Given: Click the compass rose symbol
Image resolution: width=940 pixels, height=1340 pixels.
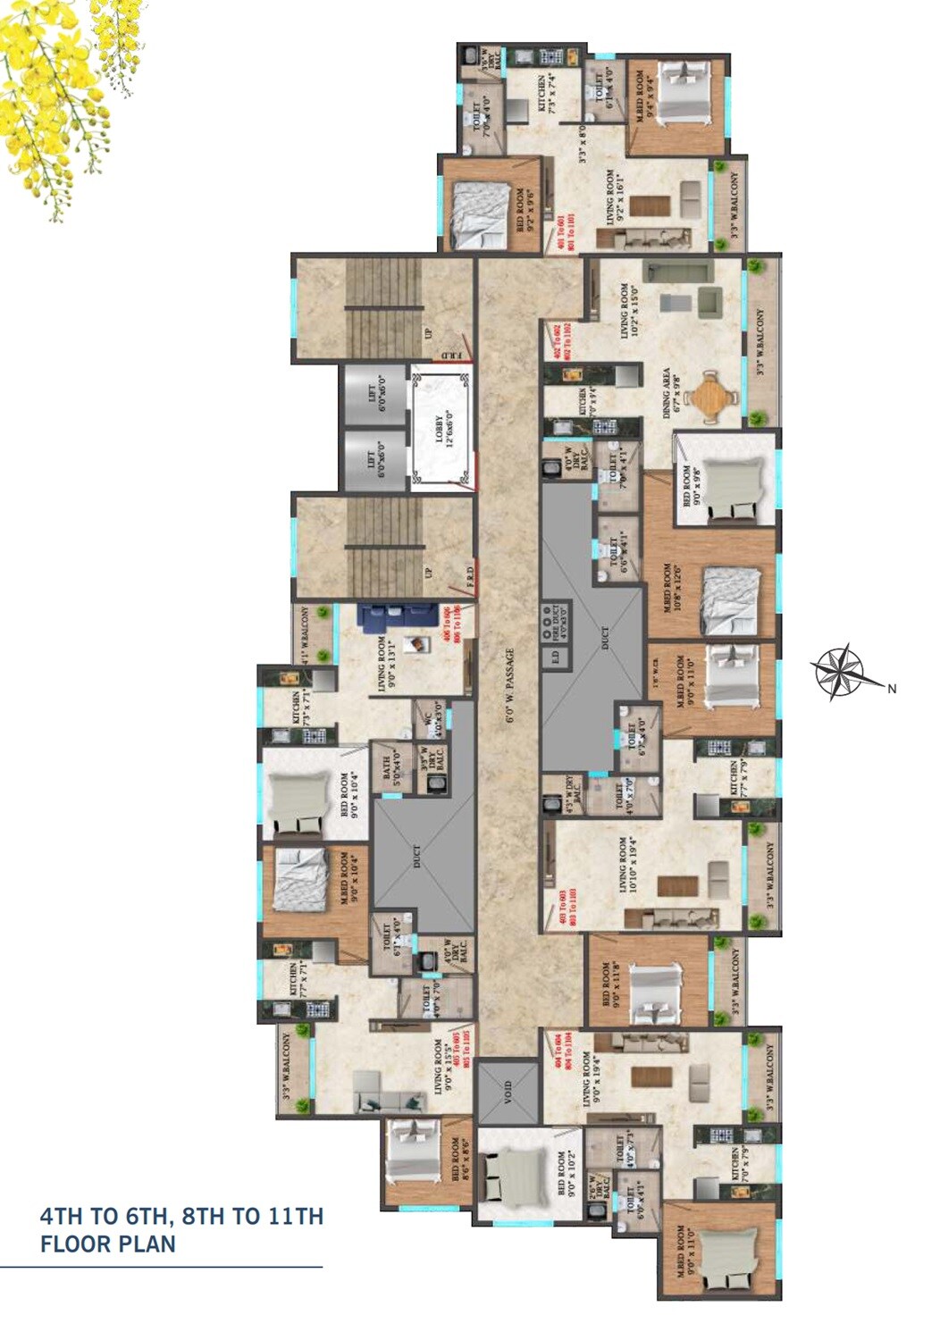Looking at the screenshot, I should (x=836, y=671).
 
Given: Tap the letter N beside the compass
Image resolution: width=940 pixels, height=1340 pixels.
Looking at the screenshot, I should (x=891, y=688).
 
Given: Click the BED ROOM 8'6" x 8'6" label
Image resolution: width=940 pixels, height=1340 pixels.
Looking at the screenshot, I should (x=461, y=1160).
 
